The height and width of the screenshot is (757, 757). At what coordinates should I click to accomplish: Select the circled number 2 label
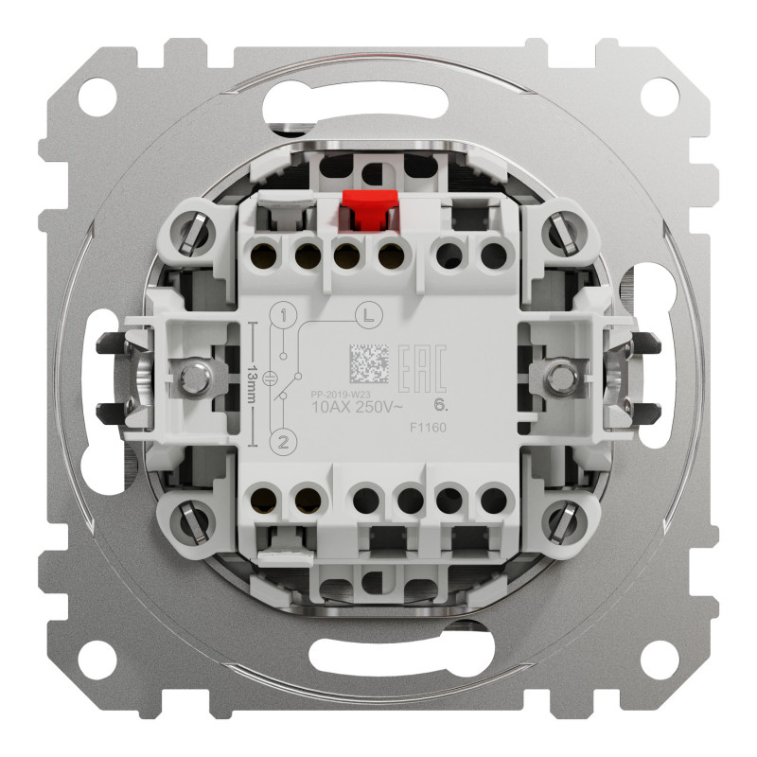[281, 441]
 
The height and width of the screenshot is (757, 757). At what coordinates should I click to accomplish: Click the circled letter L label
[365, 313]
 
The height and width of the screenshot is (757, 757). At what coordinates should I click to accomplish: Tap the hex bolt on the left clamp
[199, 377]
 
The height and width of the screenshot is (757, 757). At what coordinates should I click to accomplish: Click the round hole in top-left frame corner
[95, 96]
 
